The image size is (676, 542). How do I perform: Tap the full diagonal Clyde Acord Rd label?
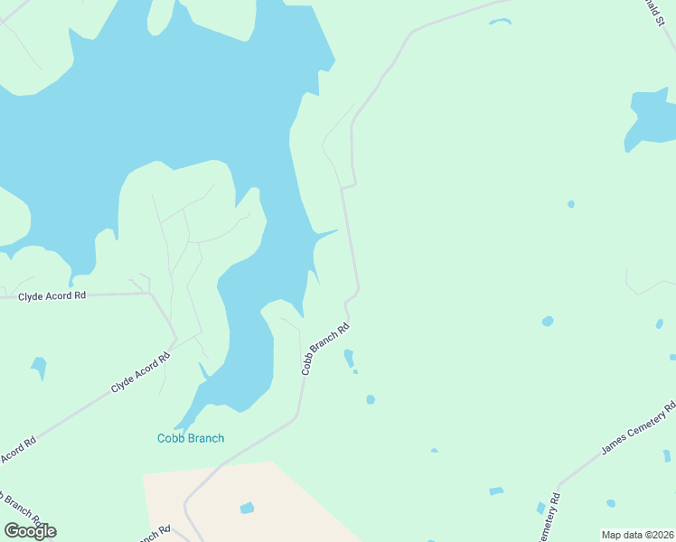[x=140, y=372]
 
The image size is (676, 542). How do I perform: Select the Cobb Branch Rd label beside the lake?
[x=324, y=350]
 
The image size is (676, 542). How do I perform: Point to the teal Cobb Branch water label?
[x=191, y=438]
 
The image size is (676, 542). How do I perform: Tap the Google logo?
[x=30, y=530]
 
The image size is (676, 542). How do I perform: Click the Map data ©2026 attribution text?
[x=637, y=534]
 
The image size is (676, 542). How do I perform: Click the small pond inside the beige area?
[x=247, y=509]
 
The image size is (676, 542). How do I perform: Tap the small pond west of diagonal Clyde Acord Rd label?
[x=39, y=366]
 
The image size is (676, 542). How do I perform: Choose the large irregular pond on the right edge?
[x=649, y=117]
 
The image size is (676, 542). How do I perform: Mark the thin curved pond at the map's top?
[x=500, y=21]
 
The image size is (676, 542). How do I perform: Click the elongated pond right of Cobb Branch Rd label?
[x=349, y=359]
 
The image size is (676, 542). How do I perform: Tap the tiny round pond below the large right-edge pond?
[x=570, y=204]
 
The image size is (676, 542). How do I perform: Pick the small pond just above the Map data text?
[x=611, y=503]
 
